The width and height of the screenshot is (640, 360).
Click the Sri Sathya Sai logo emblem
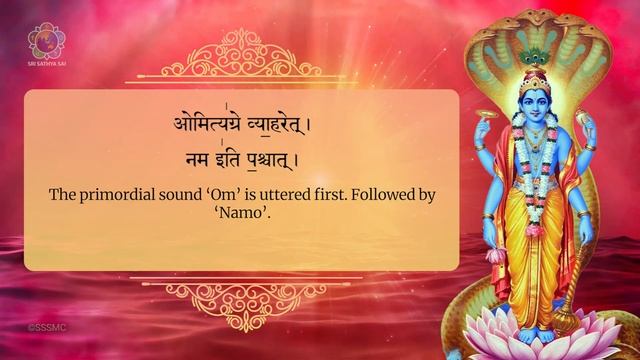(x=43, y=41)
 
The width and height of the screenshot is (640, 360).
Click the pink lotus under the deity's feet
(x=540, y=335)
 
